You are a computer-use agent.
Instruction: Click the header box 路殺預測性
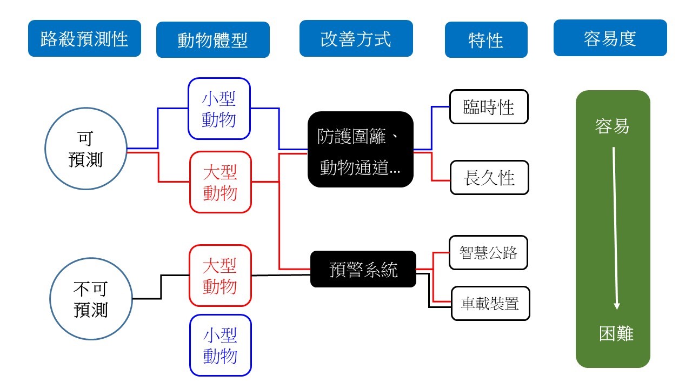pos(84,38)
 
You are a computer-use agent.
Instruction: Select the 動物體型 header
pos(212,40)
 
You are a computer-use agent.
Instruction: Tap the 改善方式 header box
pos(356,38)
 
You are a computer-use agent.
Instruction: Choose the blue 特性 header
pos(486,40)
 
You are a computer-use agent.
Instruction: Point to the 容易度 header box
pos(610,38)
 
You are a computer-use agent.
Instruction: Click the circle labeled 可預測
pos(85,149)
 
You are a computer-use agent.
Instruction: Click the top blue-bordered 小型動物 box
pos(219,109)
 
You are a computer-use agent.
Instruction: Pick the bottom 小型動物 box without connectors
pos(221,345)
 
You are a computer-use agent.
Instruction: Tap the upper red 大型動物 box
pos(221,182)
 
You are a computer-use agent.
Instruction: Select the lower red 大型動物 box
pos(221,276)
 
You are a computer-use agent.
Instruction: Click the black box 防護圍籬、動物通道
pos(360,150)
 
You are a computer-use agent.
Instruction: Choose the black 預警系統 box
pos(363,269)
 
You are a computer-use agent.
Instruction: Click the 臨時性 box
pos(489,107)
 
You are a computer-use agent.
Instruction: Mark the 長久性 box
pos(489,177)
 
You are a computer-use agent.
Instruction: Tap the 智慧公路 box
pos(488,252)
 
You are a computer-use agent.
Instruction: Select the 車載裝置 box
pos(490,303)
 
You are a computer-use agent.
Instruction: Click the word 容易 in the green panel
pos(612,126)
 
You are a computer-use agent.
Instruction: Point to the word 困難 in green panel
pos(616,334)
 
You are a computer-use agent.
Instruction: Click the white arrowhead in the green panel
pos(616,306)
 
